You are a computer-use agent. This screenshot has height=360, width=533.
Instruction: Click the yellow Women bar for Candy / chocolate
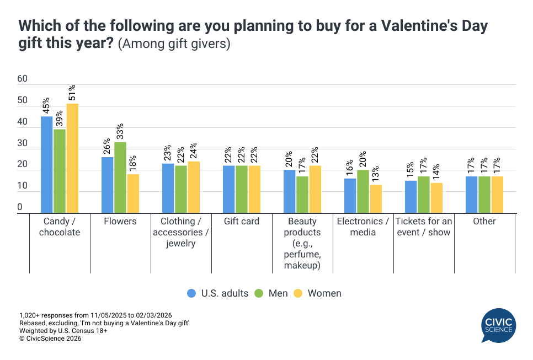tap(72, 158)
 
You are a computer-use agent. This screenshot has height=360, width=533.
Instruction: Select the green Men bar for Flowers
tap(120, 178)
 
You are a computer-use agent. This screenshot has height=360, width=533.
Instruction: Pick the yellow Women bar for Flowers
tap(133, 194)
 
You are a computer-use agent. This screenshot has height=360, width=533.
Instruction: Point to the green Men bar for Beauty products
tap(302, 195)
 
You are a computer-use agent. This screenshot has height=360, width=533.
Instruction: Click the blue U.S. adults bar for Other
tap(471, 195)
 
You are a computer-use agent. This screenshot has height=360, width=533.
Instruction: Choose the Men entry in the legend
tap(272, 293)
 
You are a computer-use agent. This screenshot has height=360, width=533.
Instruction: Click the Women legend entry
tap(318, 293)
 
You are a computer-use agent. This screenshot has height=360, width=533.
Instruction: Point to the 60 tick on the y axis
tap(23, 79)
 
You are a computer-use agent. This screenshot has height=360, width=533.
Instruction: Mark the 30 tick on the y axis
tap(23, 143)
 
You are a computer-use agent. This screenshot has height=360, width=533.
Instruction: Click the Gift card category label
tap(242, 222)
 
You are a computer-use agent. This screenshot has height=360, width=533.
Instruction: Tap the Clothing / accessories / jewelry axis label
tap(181, 232)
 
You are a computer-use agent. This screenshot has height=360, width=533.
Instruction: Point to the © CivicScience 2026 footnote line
tap(50, 338)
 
